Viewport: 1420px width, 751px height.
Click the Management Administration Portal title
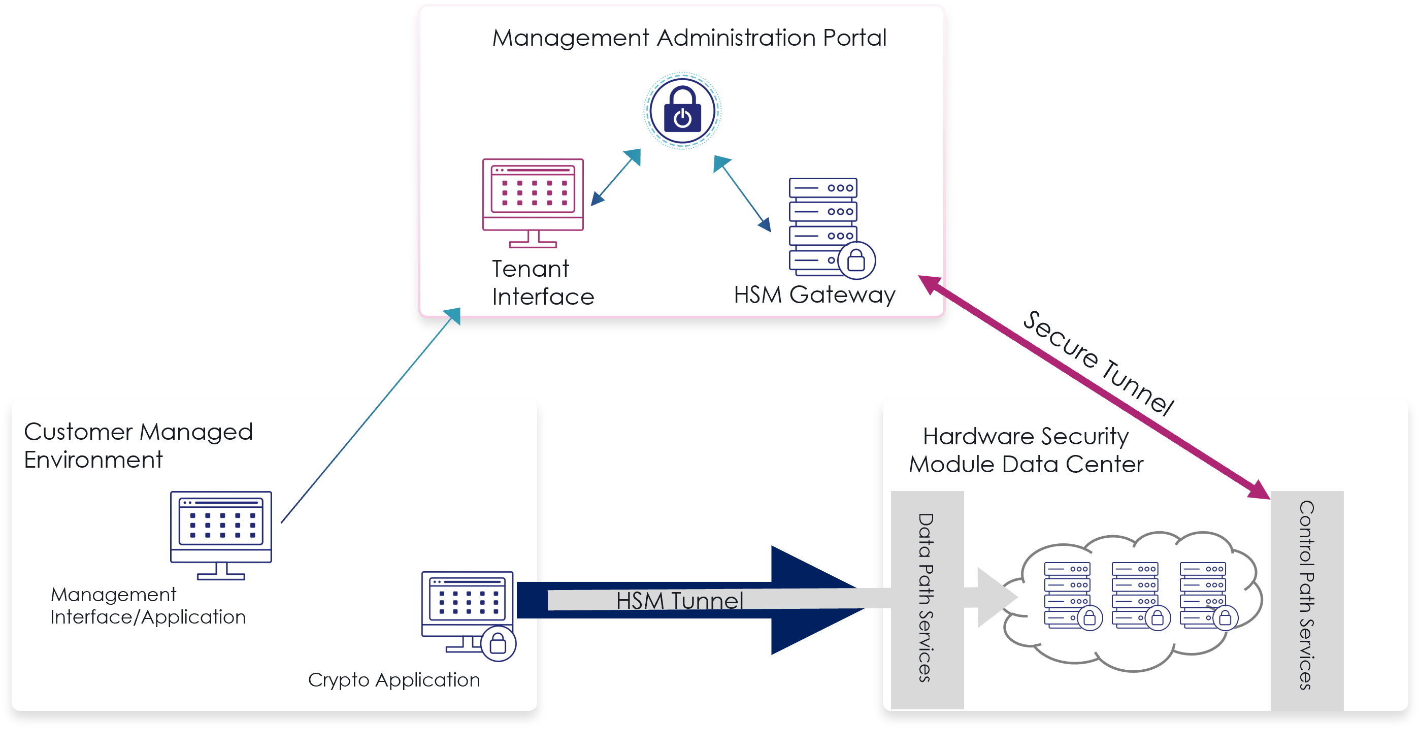click(x=689, y=38)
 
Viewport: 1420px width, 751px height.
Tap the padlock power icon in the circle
click(x=682, y=111)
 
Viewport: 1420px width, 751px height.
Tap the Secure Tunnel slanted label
click(x=1097, y=361)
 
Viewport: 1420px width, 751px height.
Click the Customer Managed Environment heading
click(x=138, y=445)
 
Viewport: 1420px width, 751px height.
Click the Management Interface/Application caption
click(x=148, y=606)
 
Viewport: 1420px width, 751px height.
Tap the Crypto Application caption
click(x=393, y=680)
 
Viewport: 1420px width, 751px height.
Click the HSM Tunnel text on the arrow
click(x=679, y=601)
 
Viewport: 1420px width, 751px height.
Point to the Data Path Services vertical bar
click(x=927, y=598)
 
